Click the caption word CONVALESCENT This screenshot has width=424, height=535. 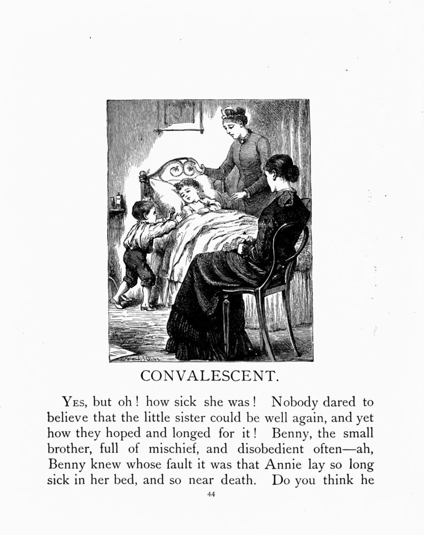(210, 376)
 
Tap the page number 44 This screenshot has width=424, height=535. (211, 494)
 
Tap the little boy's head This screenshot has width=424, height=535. (142, 210)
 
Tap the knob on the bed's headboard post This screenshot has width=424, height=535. (142, 174)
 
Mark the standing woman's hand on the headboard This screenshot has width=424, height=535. (201, 170)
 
